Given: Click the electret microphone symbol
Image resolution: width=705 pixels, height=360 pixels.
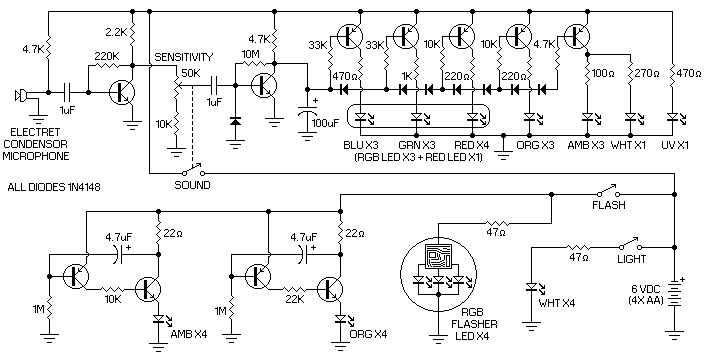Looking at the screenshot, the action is click(x=20, y=95).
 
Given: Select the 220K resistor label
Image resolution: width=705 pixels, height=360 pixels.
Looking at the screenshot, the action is click(x=106, y=57).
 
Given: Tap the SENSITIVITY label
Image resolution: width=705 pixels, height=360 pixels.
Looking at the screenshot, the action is click(x=183, y=58).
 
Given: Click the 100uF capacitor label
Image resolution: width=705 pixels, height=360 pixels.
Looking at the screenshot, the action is click(x=326, y=122).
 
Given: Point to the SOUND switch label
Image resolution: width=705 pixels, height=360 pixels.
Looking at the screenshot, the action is click(x=192, y=185).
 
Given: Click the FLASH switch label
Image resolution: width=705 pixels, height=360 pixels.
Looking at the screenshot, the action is click(x=608, y=205).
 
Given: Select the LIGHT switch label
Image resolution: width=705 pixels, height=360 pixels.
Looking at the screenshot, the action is click(x=631, y=259).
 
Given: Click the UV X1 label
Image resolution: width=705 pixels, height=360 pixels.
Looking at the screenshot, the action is click(x=674, y=145).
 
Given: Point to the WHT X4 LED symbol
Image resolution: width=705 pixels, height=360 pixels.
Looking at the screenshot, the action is click(x=534, y=287).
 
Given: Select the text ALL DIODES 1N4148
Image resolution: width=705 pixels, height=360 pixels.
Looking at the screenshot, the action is click(x=54, y=187).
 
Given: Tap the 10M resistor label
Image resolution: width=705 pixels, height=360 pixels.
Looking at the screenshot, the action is click(x=251, y=54).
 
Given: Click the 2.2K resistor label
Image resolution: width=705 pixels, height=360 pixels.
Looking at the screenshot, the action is click(x=117, y=32).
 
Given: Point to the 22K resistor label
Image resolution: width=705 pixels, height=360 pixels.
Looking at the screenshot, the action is click(x=295, y=298).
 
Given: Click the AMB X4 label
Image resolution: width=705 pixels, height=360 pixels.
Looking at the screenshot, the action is click(x=189, y=334).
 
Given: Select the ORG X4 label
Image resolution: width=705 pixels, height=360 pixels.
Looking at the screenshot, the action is click(x=368, y=334).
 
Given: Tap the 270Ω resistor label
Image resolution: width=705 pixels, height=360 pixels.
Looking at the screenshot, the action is click(x=646, y=73).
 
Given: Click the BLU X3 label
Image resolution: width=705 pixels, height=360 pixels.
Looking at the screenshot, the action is click(x=362, y=145).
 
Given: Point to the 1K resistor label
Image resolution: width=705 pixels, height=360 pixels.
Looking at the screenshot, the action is click(x=406, y=77).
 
